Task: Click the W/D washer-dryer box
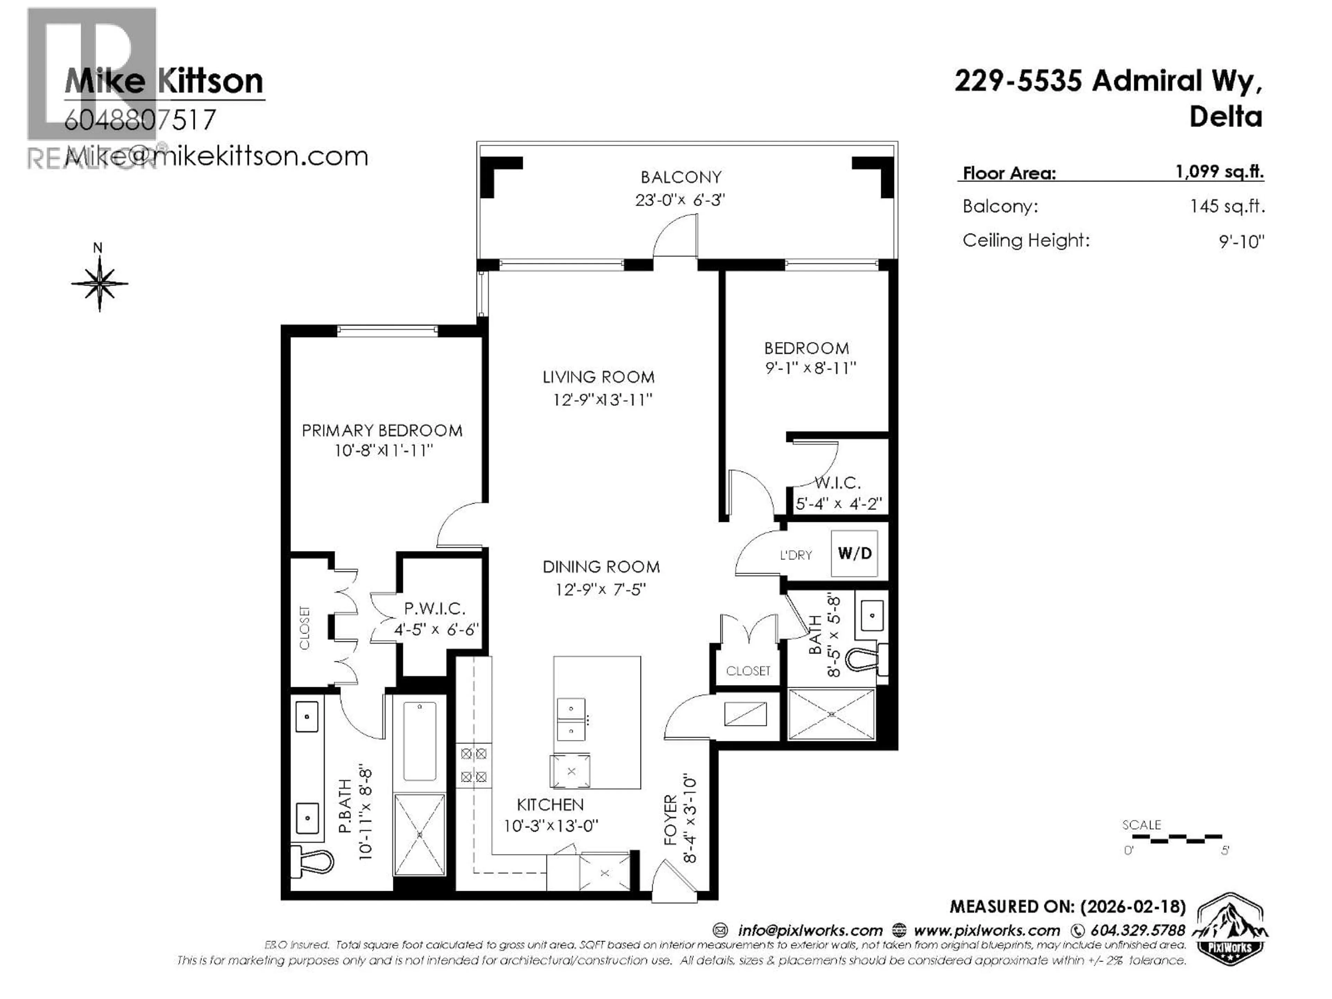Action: pyautogui.click(x=854, y=553)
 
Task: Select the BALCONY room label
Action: pyautogui.click(x=681, y=177)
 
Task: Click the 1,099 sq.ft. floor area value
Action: pyautogui.click(x=1219, y=172)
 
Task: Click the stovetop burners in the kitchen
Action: pyautogui.click(x=473, y=765)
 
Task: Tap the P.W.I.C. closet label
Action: pyautogui.click(x=434, y=608)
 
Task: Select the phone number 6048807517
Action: pyautogui.click(x=140, y=120)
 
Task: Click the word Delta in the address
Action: pyautogui.click(x=1226, y=116)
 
